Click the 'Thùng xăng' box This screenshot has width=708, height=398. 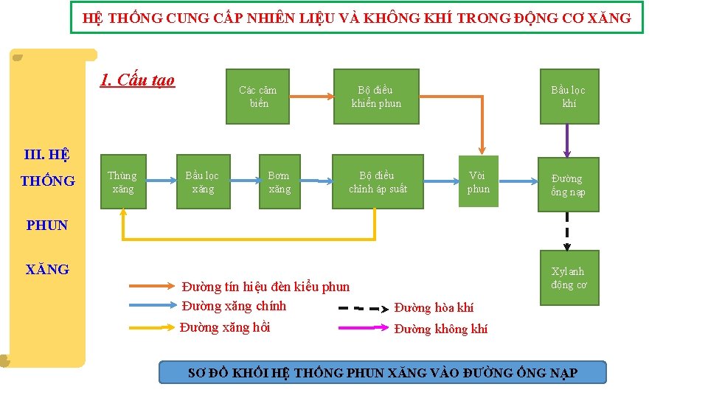tap(122, 181)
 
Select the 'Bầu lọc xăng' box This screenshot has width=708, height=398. tap(203, 181)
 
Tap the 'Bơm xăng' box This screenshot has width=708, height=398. tap(280, 181)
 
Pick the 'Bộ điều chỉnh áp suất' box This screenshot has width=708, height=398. tap(378, 181)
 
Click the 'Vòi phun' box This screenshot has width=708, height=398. tap(478, 181)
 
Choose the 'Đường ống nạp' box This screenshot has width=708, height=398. tap(567, 185)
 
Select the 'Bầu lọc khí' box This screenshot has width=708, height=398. tap(569, 97)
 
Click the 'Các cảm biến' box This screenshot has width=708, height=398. tap(258, 97)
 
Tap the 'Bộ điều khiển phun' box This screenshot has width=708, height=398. tap(376, 97)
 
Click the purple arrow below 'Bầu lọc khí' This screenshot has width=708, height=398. tap(567, 140)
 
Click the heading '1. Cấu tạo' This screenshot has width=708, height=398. tap(137, 80)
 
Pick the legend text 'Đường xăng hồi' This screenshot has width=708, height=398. tap(225, 327)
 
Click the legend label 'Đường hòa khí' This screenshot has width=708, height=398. tap(434, 307)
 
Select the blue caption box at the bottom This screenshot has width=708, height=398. tap(383, 372)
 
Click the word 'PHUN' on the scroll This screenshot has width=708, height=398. tap(47, 226)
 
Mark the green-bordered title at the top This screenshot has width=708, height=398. tap(357, 18)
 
